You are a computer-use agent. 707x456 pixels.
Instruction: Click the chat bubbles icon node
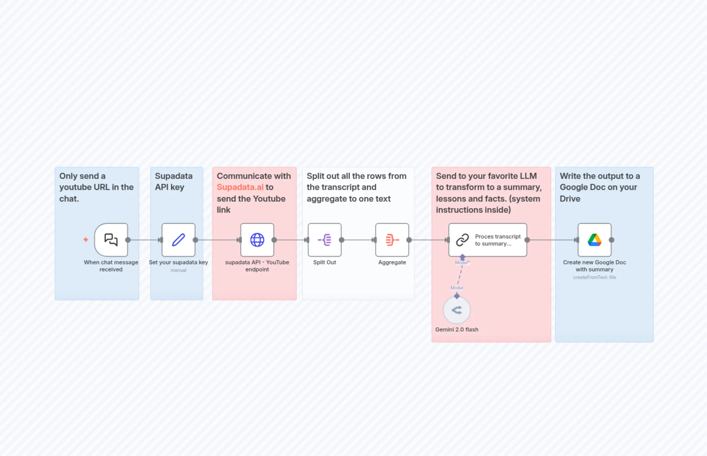click(x=111, y=240)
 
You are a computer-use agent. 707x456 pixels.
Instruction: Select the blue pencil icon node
click(x=178, y=240)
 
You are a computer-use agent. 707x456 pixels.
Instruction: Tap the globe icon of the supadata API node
click(x=257, y=240)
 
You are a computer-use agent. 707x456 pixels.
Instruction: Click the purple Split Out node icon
click(x=324, y=240)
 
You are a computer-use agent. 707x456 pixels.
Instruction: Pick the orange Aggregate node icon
click(x=392, y=240)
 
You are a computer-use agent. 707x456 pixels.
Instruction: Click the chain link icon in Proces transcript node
click(x=462, y=240)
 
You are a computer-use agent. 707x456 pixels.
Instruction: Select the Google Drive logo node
click(x=594, y=240)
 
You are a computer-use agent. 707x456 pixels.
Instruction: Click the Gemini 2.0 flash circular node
click(x=457, y=310)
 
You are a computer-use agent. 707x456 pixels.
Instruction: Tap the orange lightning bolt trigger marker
click(x=86, y=239)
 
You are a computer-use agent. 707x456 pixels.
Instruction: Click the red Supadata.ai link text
click(x=240, y=187)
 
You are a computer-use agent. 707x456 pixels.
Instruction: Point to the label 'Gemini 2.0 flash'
click(x=457, y=330)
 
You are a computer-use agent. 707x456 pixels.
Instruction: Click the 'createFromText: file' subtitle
click(x=594, y=277)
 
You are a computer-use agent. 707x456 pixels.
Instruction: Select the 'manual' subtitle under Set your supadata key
click(x=178, y=270)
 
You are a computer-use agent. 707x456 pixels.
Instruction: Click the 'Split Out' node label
click(x=324, y=262)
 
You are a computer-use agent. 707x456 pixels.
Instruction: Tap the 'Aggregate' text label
click(x=392, y=262)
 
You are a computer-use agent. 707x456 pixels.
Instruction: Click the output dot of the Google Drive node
click(x=612, y=240)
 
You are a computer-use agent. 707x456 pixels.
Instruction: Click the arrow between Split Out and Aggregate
click(x=358, y=240)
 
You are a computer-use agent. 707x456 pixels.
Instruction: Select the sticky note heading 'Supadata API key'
click(x=174, y=181)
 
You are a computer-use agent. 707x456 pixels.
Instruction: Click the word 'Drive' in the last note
click(x=570, y=199)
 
